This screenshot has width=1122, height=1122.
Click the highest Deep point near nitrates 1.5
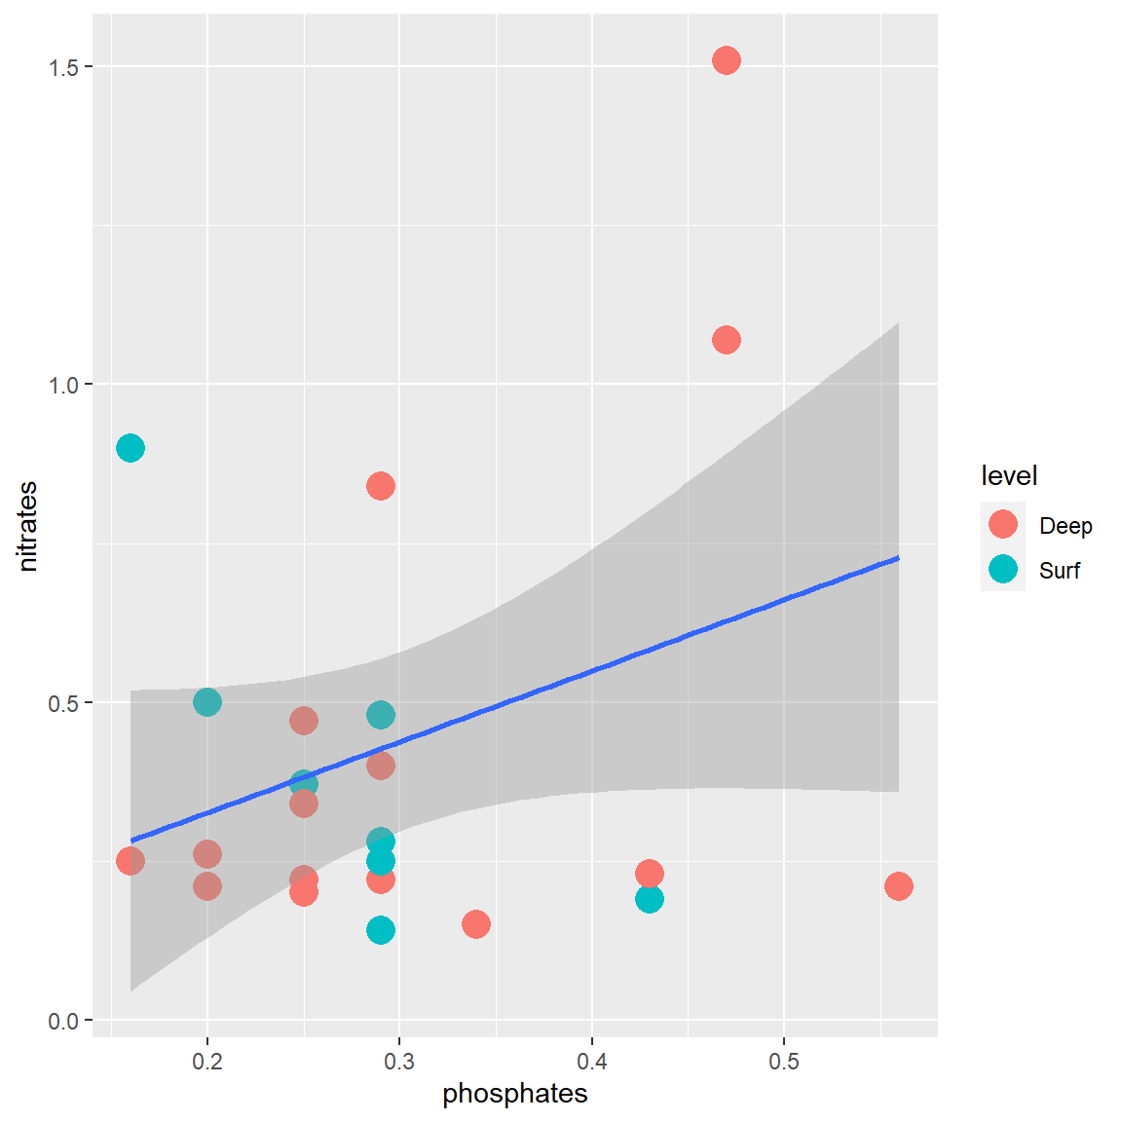(x=726, y=60)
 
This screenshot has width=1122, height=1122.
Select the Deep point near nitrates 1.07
(x=726, y=340)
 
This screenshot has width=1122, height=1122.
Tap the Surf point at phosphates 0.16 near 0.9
(x=131, y=448)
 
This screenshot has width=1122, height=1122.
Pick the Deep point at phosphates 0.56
(x=898, y=886)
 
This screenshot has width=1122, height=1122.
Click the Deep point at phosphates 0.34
(x=475, y=923)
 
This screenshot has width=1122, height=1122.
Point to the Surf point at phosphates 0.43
(x=650, y=899)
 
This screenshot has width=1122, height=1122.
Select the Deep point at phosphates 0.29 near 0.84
(x=381, y=486)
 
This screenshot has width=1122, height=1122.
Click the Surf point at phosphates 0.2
(x=206, y=701)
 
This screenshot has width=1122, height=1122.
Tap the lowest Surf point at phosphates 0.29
(x=381, y=930)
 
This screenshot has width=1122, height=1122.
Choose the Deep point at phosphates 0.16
(x=131, y=861)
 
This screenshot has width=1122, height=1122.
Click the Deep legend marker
(x=1002, y=525)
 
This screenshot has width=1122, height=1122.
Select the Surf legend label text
(x=1059, y=571)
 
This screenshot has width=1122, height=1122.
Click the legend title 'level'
(x=1008, y=476)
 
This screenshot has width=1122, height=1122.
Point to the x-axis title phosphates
(x=514, y=1094)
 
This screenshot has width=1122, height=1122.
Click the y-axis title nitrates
(x=28, y=526)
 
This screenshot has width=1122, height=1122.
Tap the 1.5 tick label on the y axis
(x=64, y=67)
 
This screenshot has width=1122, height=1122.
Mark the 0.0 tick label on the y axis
(x=64, y=1021)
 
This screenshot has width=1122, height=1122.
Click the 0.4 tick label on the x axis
(x=591, y=1062)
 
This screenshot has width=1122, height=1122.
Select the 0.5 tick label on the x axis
(x=784, y=1062)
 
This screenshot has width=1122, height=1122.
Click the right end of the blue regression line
(x=896, y=559)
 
